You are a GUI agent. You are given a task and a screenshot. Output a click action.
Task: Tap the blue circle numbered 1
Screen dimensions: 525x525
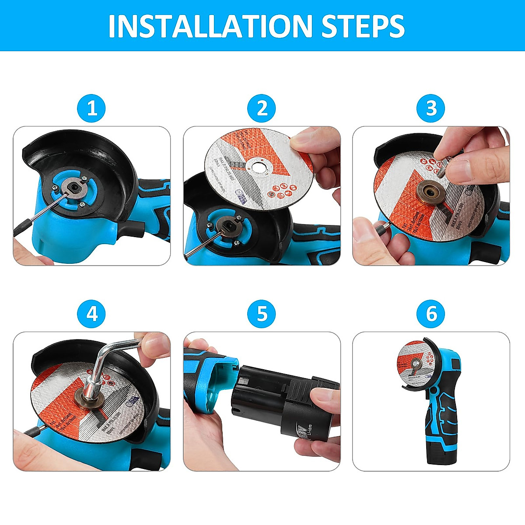[92, 108]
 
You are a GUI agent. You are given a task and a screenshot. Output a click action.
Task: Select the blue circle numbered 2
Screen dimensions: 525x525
[262, 108]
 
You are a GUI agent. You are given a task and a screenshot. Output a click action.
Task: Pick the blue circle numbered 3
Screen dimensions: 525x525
[431, 108]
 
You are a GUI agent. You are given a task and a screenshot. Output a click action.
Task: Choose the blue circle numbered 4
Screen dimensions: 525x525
[92, 314]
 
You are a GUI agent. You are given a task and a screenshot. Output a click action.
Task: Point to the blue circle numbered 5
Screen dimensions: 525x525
[262, 314]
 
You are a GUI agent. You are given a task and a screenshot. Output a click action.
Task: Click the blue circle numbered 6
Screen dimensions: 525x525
[431, 314]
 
